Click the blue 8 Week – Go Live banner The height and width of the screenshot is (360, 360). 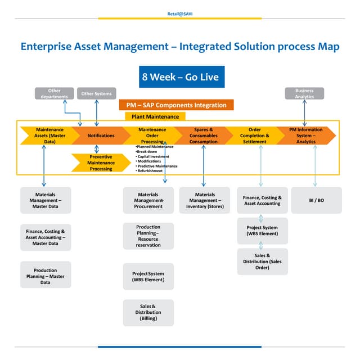[180, 76]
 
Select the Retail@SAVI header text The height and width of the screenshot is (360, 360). [180, 13]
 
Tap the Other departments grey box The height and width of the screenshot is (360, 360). [54, 94]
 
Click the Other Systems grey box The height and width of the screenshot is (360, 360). [96, 94]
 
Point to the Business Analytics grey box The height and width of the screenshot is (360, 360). [304, 94]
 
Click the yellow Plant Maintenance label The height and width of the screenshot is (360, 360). [156, 116]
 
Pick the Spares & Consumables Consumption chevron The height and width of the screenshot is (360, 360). [203, 136]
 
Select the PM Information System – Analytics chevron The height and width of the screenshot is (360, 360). [306, 136]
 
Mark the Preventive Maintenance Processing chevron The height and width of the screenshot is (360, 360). [101, 163]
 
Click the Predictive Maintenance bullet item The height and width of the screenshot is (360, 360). [157, 166]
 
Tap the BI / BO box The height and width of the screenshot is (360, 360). [316, 200]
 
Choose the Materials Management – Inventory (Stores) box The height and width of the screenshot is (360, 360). [205, 200]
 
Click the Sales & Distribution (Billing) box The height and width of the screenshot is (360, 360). [148, 313]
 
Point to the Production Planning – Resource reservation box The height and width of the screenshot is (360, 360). [148, 236]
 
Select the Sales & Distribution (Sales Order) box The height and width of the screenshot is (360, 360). [262, 262]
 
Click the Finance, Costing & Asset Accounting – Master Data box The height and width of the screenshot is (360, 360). [46, 237]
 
